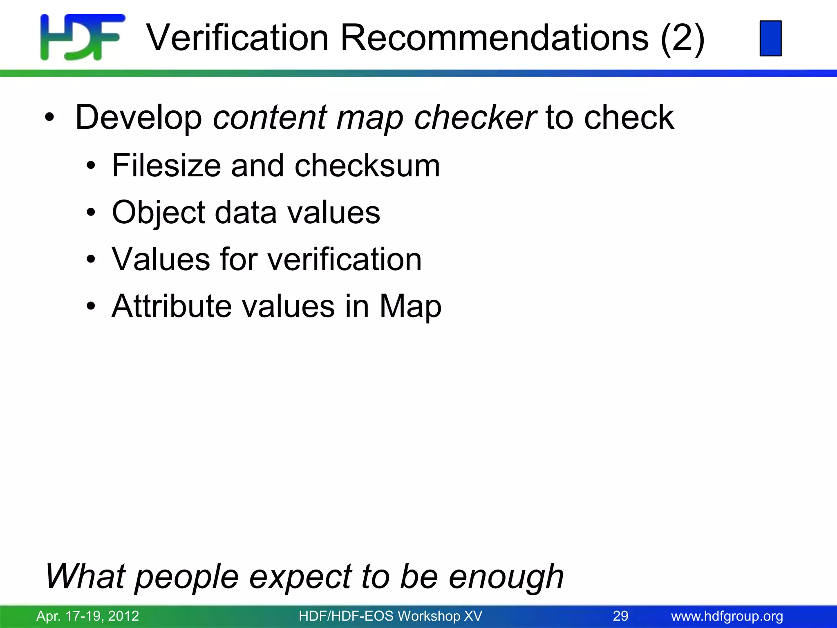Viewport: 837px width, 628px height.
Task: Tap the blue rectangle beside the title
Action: click(770, 38)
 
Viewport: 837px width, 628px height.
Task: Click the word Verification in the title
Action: click(237, 38)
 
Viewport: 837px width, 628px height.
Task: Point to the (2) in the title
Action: click(683, 38)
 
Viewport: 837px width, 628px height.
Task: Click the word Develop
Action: click(139, 118)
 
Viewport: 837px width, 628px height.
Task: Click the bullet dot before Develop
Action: click(49, 118)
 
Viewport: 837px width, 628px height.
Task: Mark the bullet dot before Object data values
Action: click(91, 213)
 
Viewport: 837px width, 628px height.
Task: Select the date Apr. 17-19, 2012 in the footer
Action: click(87, 616)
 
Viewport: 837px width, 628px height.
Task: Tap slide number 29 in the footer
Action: click(620, 616)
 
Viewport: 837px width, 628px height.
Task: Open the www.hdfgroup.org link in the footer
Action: click(727, 616)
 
